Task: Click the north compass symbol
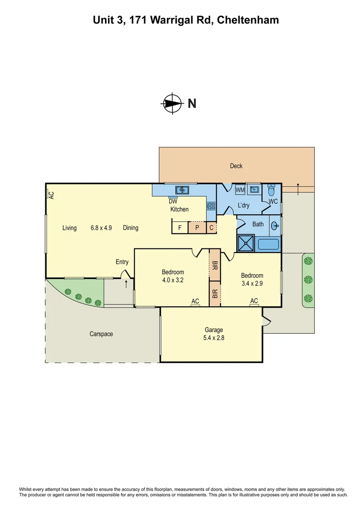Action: [x=172, y=103]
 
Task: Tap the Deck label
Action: [x=236, y=166]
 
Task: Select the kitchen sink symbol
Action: [x=182, y=190]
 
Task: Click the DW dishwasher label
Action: [x=173, y=201]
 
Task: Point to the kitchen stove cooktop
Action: [x=211, y=205]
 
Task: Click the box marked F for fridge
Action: [x=180, y=228]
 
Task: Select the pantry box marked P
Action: [x=197, y=228]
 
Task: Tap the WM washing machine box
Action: [x=240, y=190]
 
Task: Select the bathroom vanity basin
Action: [x=275, y=226]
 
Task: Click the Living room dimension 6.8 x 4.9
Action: [x=101, y=228]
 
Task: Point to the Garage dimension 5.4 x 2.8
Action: [x=213, y=337]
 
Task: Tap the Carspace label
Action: [x=101, y=334]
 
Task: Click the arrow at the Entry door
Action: [x=126, y=284]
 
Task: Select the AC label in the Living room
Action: [x=51, y=194]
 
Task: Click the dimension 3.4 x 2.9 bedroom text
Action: [x=252, y=284]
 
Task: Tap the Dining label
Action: [x=131, y=228]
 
